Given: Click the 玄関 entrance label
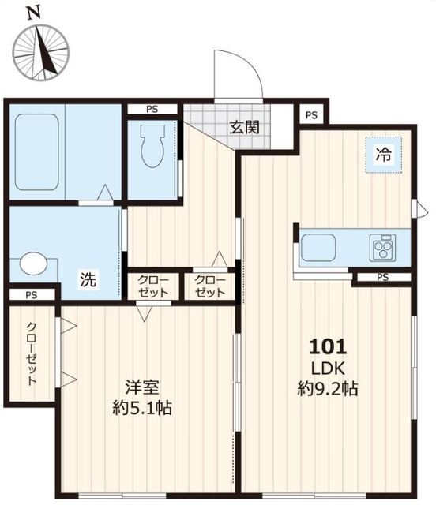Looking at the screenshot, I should tap(244, 127).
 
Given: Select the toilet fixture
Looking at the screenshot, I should tap(150, 147).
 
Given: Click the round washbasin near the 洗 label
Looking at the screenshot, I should tap(33, 264).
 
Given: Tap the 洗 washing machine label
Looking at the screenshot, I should tap(88, 279).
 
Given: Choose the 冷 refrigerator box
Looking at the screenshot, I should tap(382, 155).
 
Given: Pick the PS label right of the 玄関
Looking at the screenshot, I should tap(312, 115).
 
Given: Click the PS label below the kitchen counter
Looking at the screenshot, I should tap(382, 277).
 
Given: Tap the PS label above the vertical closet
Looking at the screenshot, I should tap(30, 296).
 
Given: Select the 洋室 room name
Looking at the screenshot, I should tap(142, 388).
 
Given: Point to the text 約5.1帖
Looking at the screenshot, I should tap(142, 409).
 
